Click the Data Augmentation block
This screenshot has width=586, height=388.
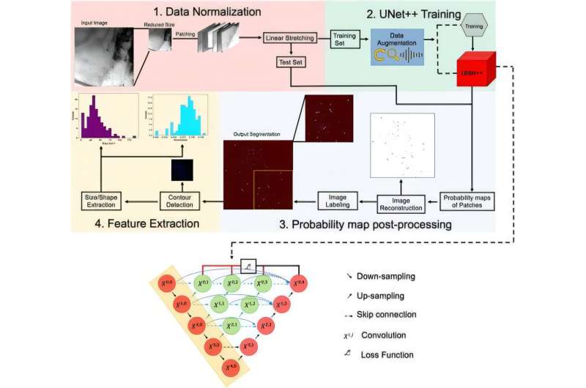click(397, 48)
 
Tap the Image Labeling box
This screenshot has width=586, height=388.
click(335, 198)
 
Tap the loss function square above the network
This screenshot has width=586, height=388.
click(247, 266)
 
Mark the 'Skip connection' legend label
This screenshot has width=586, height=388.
click(387, 315)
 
